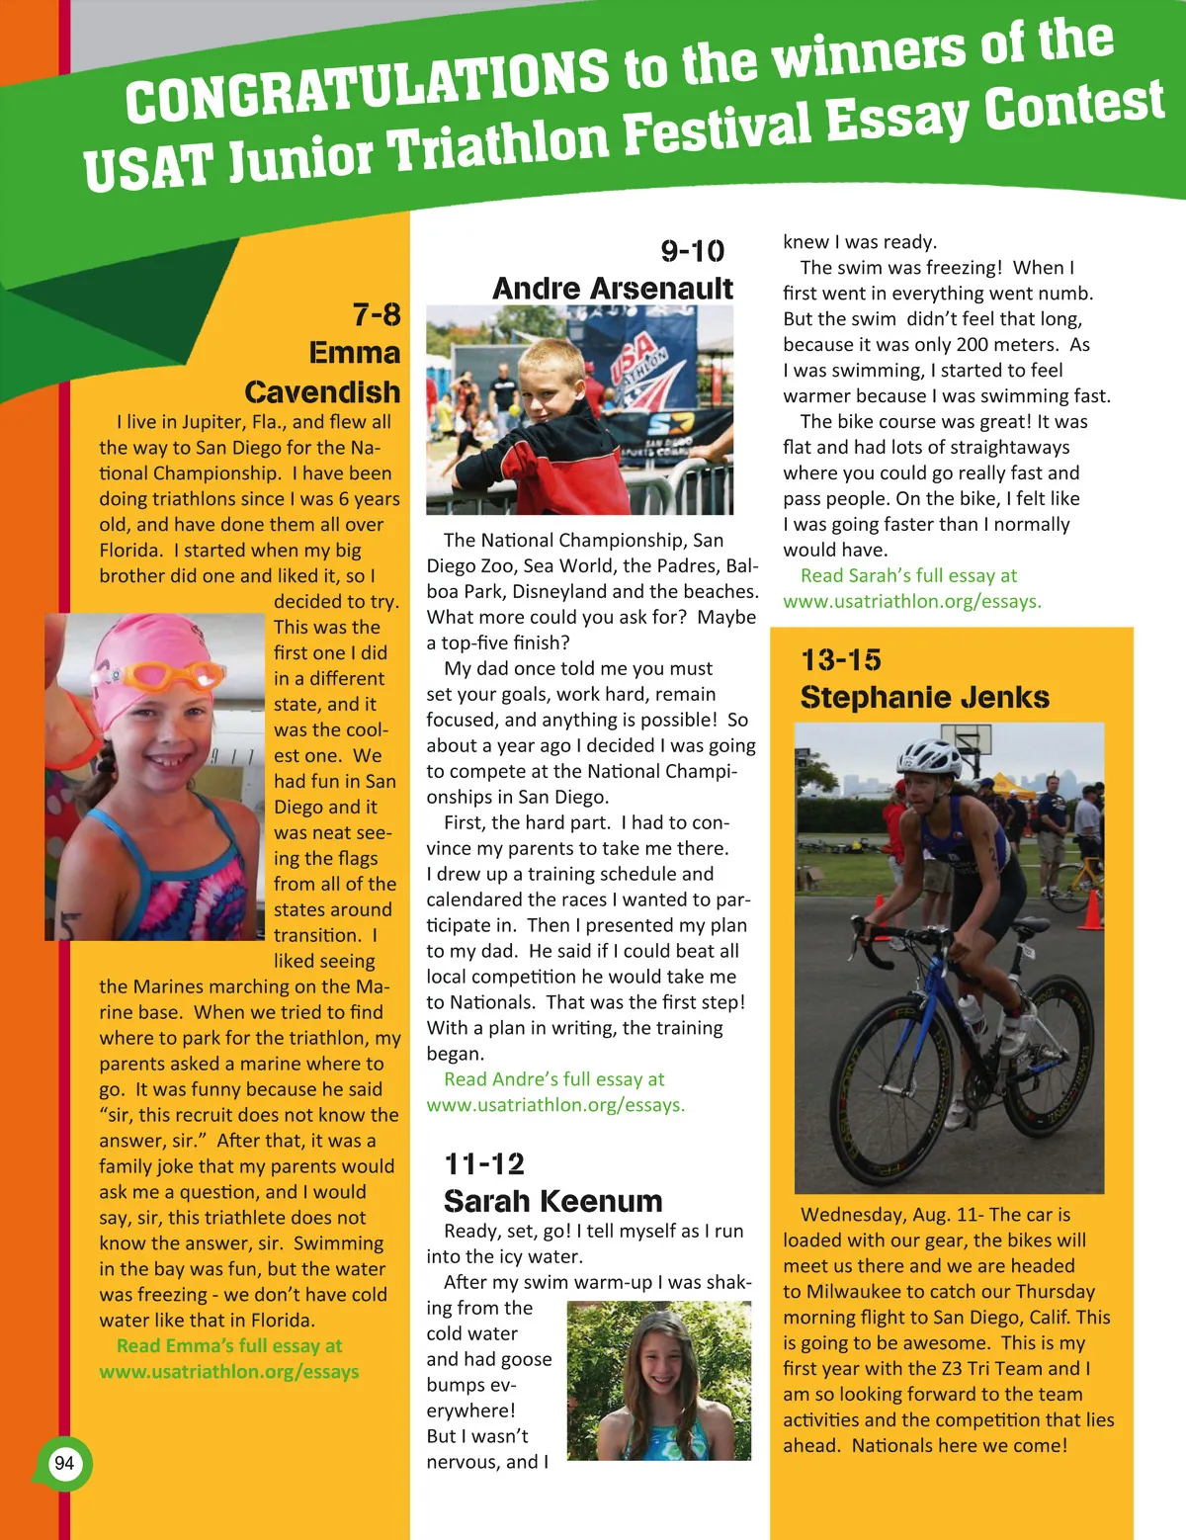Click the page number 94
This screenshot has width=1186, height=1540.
pyautogui.click(x=64, y=1463)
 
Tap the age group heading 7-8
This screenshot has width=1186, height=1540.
pyautogui.click(x=377, y=314)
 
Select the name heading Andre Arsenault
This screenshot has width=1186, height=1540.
pyautogui.click(x=612, y=289)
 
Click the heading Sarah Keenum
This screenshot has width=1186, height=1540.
pyautogui.click(x=552, y=1201)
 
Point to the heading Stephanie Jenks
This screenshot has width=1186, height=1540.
pyautogui.click(x=924, y=697)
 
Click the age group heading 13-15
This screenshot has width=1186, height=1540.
pyautogui.click(x=841, y=659)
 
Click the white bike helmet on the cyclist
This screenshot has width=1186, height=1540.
pyautogui.click(x=929, y=757)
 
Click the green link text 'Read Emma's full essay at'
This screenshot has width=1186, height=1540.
pyautogui.click(x=229, y=1345)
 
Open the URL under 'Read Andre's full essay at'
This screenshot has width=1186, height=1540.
pyautogui.click(x=555, y=1105)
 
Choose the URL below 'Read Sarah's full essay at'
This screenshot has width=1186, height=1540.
pyautogui.click(x=911, y=601)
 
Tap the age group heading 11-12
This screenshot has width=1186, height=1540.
pyautogui.click(x=484, y=1163)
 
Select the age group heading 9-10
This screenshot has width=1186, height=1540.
pyautogui.click(x=693, y=251)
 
